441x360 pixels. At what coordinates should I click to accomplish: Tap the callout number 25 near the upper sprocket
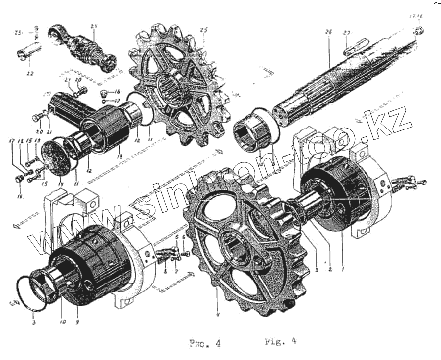pos(204,30)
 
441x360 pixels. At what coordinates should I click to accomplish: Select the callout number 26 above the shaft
pos(328,32)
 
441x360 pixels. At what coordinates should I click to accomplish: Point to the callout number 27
pos(347,33)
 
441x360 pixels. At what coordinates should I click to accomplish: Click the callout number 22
pos(30,74)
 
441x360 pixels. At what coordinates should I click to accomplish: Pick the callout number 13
pos(119,155)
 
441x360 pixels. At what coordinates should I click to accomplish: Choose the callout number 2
pos(329,269)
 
